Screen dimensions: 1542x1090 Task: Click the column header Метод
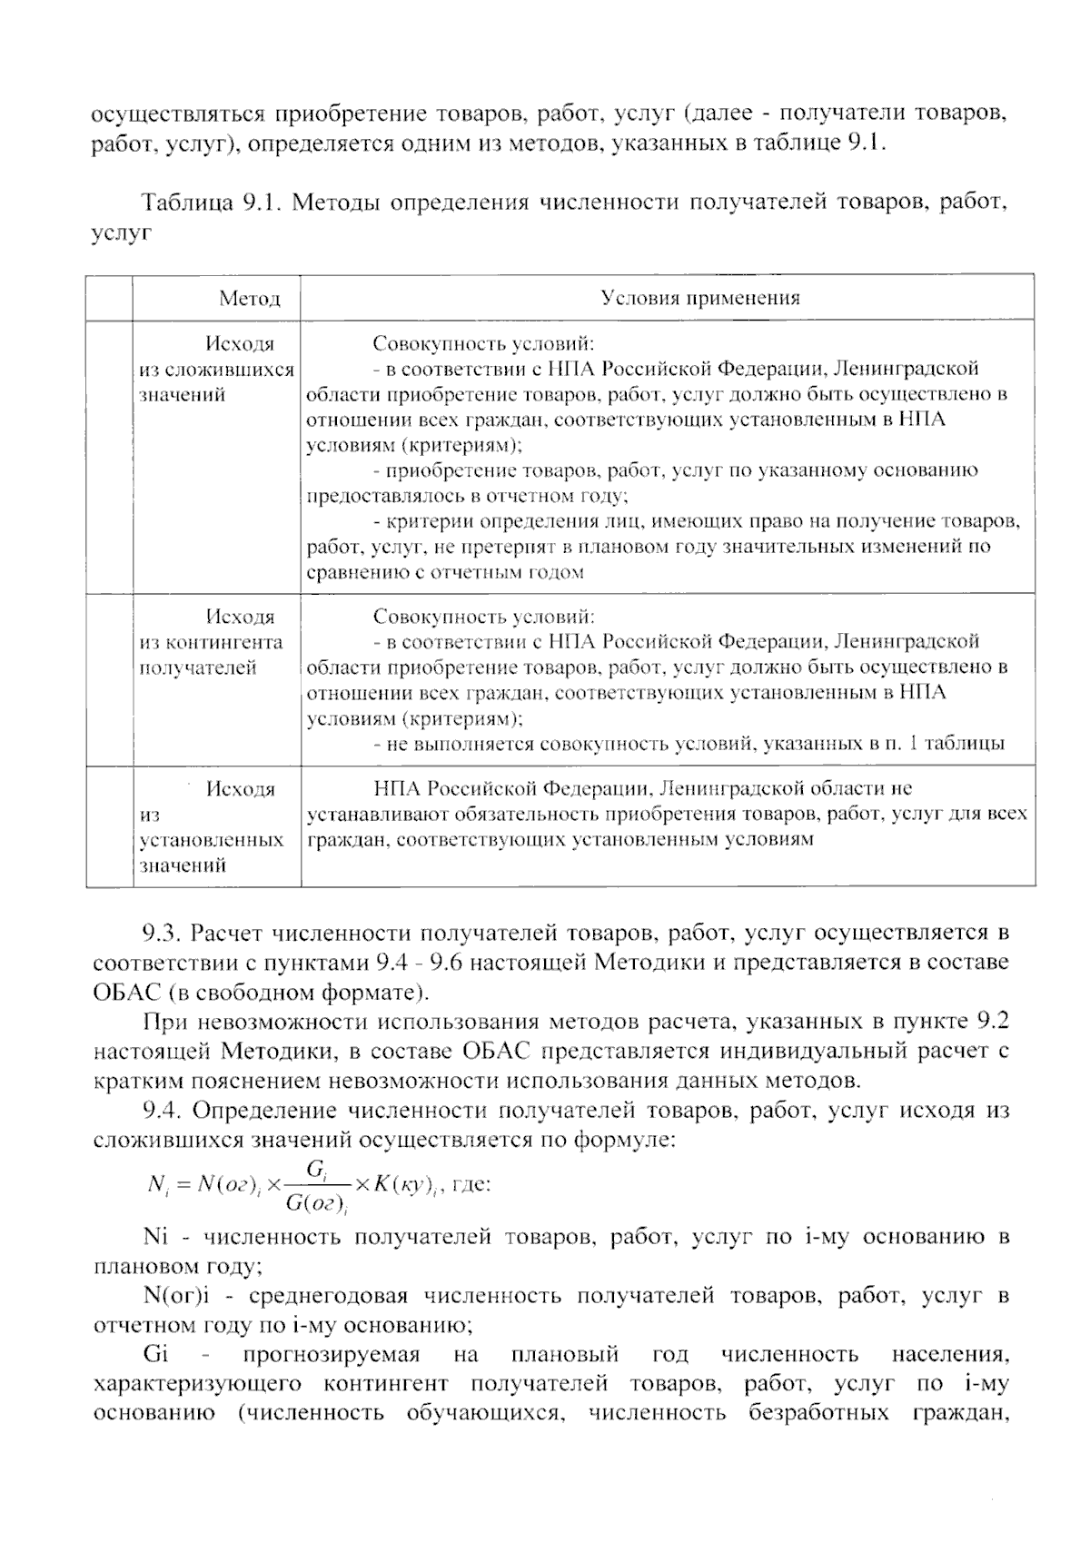point(249,299)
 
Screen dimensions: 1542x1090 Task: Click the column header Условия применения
point(699,299)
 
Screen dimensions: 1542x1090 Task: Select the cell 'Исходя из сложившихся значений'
point(216,370)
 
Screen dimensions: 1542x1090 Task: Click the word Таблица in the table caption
point(185,203)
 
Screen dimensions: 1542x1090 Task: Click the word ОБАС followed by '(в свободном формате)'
point(125,991)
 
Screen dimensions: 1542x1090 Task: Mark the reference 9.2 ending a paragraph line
point(991,1023)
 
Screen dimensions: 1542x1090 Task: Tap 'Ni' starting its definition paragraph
point(156,1237)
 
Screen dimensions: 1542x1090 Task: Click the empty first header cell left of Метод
point(109,298)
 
